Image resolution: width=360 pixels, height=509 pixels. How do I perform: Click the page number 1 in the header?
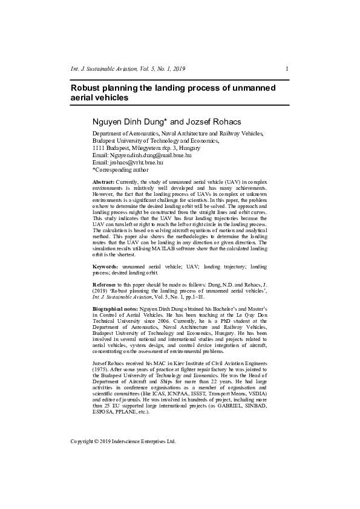(x=286, y=69)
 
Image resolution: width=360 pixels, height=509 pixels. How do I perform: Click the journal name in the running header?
(x=108, y=69)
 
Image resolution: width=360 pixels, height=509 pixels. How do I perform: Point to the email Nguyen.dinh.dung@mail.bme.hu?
(x=149, y=155)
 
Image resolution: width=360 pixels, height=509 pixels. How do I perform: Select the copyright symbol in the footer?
(x=100, y=442)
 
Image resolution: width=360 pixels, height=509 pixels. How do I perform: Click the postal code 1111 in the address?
(x=98, y=148)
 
